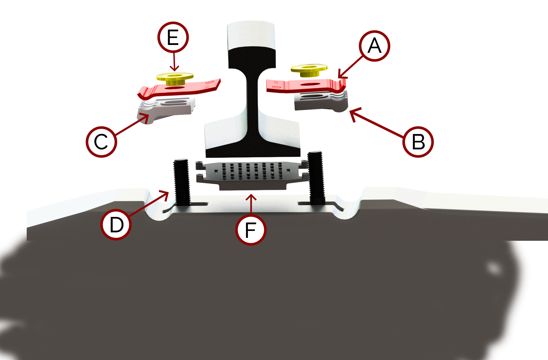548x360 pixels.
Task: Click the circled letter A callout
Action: [x=374, y=46]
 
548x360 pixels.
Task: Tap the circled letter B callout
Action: [x=418, y=142]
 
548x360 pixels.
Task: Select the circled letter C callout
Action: [x=101, y=142]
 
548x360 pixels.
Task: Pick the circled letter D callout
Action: [x=116, y=225]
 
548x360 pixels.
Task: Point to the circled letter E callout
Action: [x=173, y=37]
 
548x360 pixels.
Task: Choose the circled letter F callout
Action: [x=250, y=230]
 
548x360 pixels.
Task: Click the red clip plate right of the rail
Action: [x=305, y=86]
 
